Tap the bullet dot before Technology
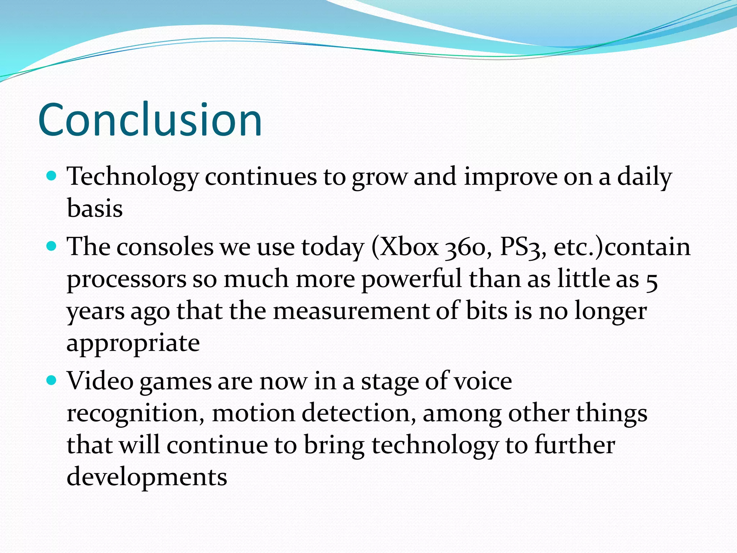click(x=52, y=176)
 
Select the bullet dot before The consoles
click(x=52, y=246)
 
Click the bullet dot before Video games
click(x=52, y=380)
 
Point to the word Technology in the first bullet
click(x=132, y=177)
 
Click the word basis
click(x=95, y=209)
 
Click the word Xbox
click(x=410, y=248)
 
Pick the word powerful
click(x=411, y=279)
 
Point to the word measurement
click(x=351, y=311)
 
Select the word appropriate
click(x=133, y=343)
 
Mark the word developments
click(x=147, y=477)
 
